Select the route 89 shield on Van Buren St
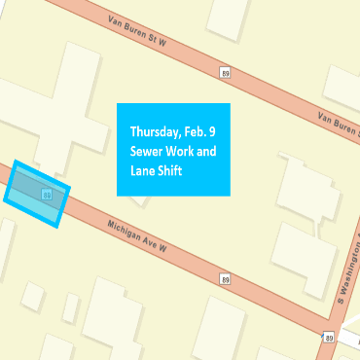(225, 73)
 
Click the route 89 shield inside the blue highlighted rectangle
(46, 195)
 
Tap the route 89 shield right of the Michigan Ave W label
(225, 279)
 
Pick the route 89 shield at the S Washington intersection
(329, 337)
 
